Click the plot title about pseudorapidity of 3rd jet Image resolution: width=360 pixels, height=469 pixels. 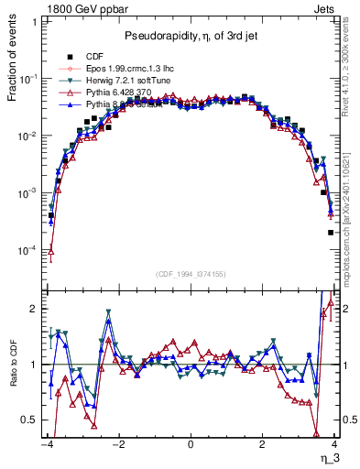tap(191, 35)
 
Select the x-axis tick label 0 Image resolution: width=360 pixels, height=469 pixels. tap(191, 442)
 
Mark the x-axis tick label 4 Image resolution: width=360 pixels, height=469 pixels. tap(335, 442)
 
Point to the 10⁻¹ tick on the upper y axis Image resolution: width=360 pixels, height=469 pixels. tap(27, 79)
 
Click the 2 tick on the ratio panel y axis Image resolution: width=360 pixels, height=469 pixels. tap(33, 309)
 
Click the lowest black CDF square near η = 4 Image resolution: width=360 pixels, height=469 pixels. tap(331, 233)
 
